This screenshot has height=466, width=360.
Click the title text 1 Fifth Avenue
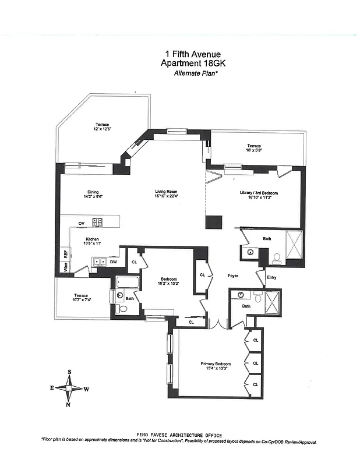pyautogui.click(x=179, y=54)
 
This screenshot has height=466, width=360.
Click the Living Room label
pyautogui.click(x=165, y=194)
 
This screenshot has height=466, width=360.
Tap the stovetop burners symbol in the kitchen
pyautogui.click(x=98, y=222)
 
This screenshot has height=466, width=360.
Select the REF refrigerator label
pyautogui.click(x=65, y=255)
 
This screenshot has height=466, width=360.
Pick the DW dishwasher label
pyautogui.click(x=113, y=262)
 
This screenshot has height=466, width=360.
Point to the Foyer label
pyautogui.click(x=232, y=276)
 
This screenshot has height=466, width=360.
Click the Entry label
pyautogui.click(x=271, y=277)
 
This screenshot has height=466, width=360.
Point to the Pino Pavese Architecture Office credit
pyautogui.click(x=179, y=435)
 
